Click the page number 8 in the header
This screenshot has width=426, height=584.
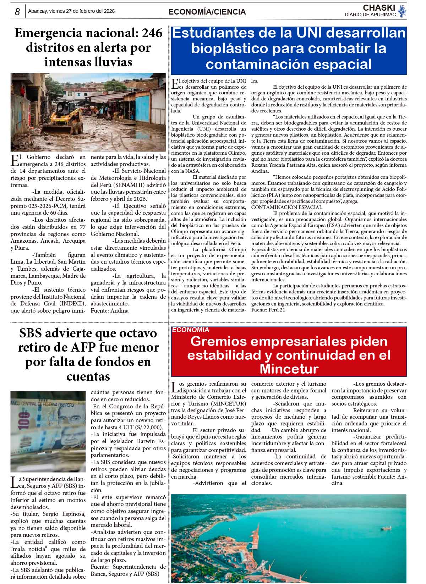point(17,12)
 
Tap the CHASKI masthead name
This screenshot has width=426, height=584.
point(379,8)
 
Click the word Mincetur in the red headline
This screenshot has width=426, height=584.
point(289,369)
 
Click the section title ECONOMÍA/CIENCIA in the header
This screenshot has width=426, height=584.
point(207,12)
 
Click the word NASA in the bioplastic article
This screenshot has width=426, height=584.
point(192,171)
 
